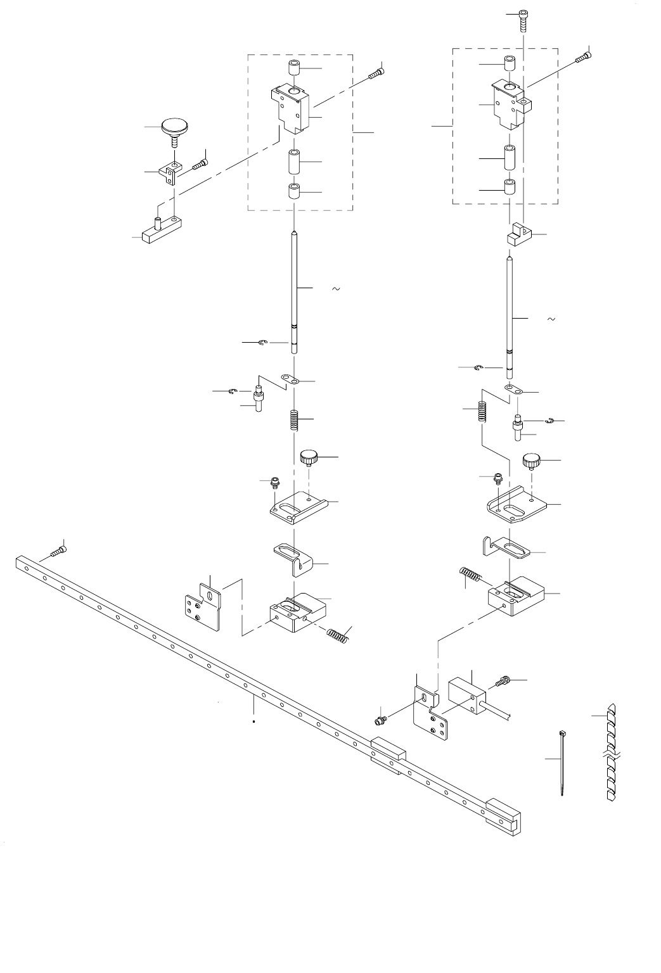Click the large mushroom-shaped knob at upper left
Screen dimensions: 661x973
tap(174, 127)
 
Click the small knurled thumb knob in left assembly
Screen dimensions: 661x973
tap(308, 456)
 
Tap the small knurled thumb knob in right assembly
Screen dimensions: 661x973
tap(531, 461)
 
